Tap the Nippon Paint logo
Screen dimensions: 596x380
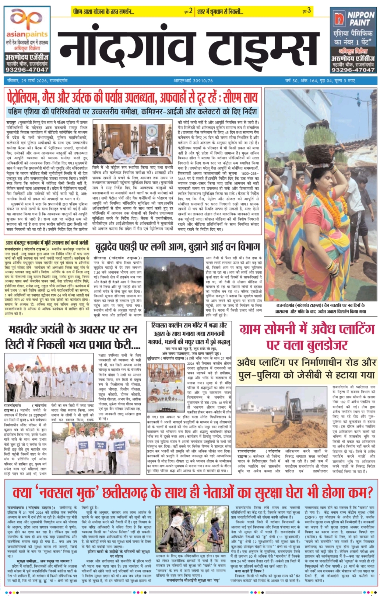(353, 20)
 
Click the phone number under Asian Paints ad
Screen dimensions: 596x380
(27, 69)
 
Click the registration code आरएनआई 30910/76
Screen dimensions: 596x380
(193, 80)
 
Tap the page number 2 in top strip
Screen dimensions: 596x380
(191, 11)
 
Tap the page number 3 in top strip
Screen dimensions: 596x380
(309, 11)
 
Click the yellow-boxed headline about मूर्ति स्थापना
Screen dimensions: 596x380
(47, 243)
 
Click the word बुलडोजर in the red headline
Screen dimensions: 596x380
(322, 344)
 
